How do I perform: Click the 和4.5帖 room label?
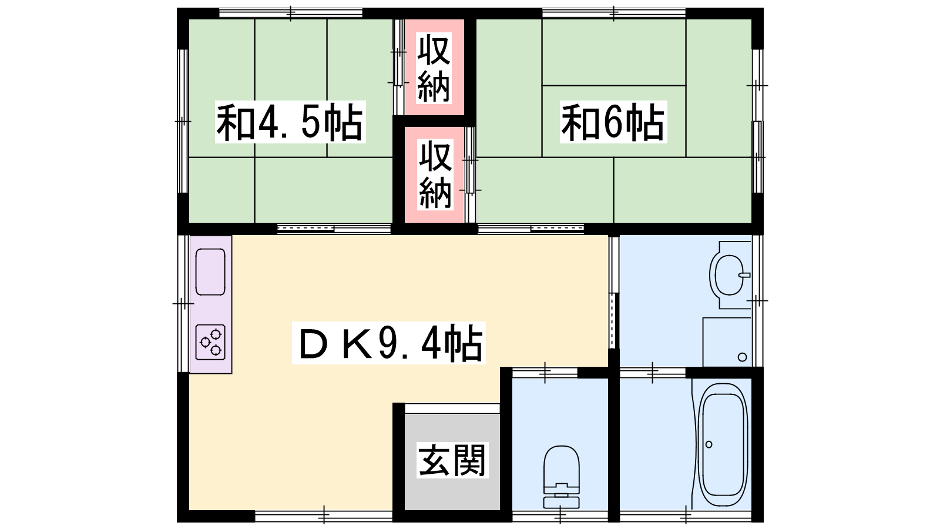290,122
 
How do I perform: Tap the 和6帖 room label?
613,122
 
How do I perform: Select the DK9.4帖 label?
388,343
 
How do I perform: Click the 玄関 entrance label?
452,460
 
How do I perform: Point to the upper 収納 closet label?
434,68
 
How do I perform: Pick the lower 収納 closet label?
435,175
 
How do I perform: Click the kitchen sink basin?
210,272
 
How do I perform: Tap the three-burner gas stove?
210,342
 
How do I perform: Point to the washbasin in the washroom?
731,276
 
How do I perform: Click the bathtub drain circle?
709,444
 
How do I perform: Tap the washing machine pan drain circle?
742,357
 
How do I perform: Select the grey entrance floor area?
452,462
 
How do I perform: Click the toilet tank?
562,503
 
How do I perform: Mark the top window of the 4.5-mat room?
291,14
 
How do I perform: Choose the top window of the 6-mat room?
613,14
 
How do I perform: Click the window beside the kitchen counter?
183,303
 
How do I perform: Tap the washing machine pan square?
727,342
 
